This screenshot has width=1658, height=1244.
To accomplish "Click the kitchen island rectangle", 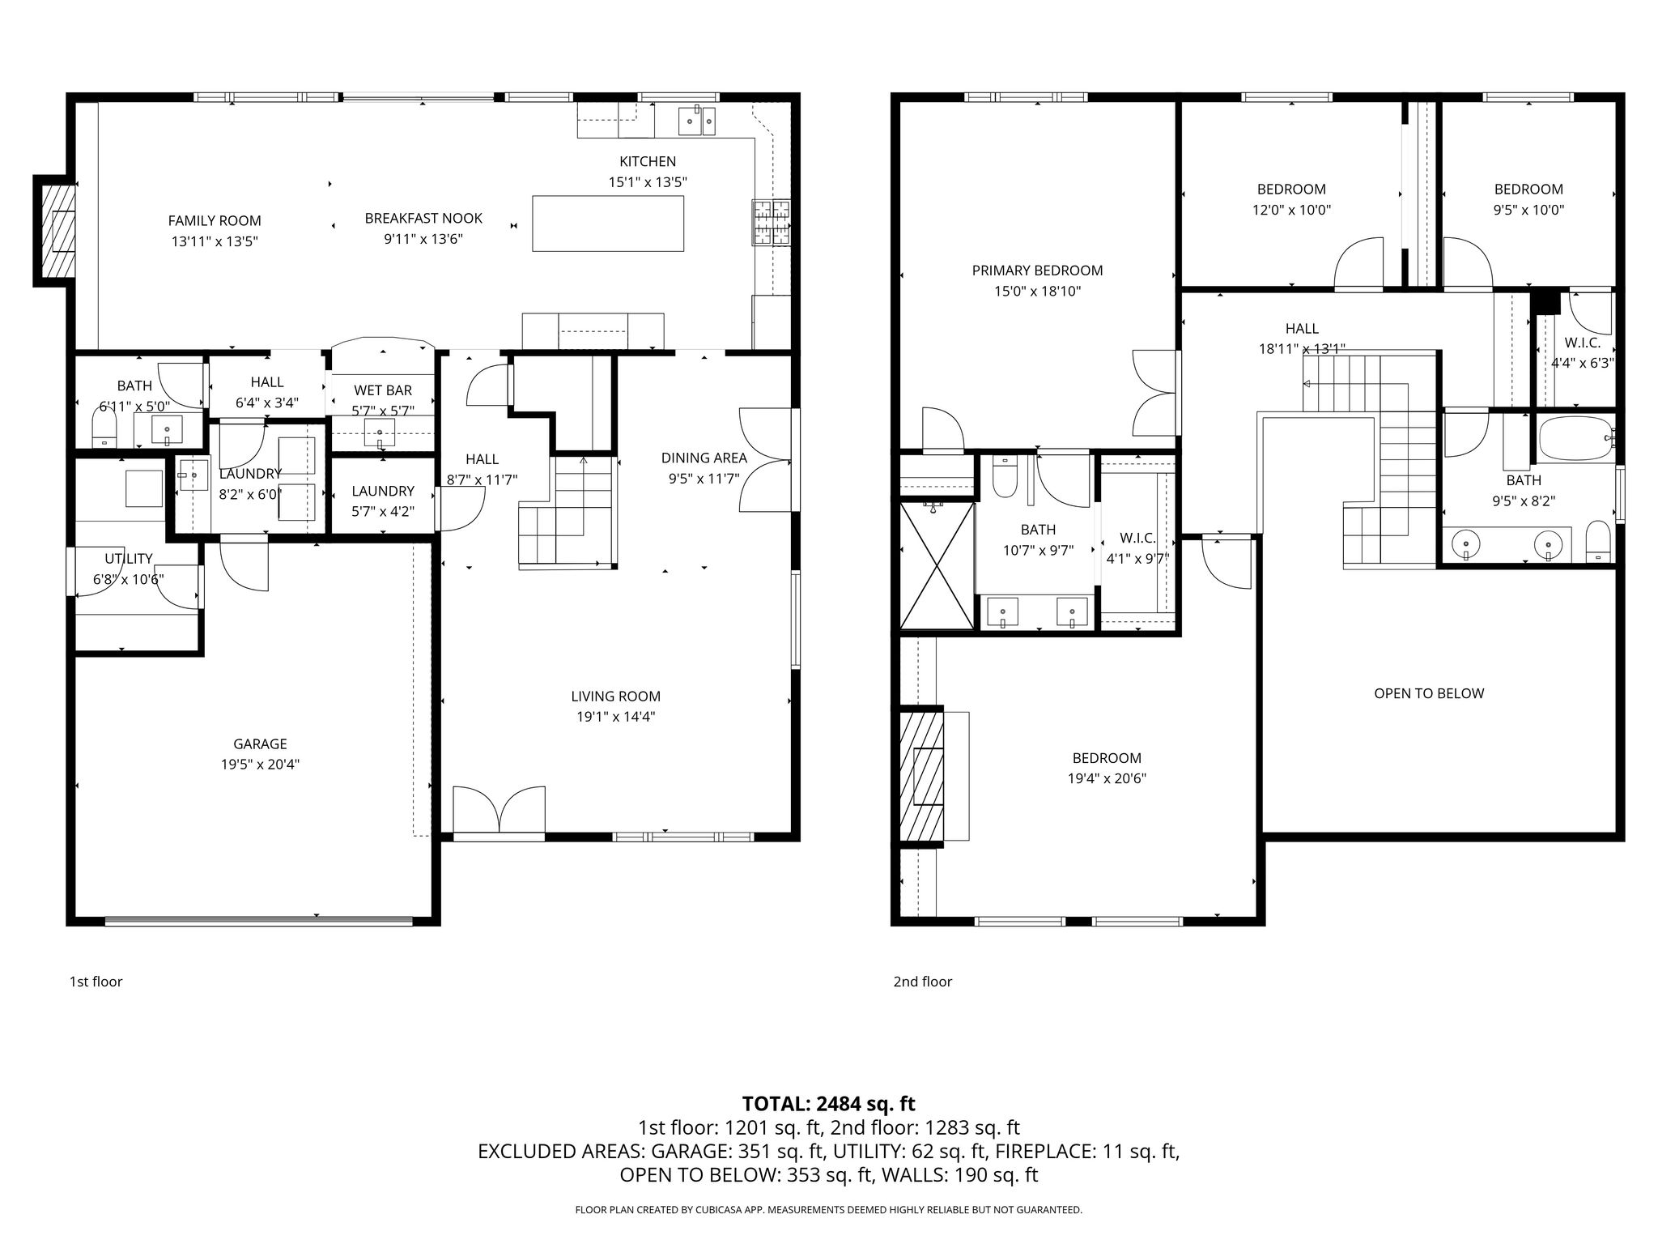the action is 608,224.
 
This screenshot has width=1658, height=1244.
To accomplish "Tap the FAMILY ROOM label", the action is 215,220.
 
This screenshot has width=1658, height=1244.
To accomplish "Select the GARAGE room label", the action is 260,743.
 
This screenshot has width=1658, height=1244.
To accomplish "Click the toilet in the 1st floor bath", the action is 105,426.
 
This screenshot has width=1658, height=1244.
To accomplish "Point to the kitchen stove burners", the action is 772,222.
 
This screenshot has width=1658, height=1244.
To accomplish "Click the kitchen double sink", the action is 696,121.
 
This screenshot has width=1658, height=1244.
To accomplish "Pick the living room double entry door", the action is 499,810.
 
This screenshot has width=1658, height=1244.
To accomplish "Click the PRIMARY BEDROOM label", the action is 1037,271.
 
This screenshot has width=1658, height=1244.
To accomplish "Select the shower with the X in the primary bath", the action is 937,565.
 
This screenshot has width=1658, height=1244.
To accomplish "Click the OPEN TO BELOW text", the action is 1429,693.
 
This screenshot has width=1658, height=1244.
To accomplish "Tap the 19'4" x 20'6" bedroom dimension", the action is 1107,779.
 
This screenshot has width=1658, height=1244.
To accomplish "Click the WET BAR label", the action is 383,390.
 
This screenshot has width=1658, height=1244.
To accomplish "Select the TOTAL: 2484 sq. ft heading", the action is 828,1104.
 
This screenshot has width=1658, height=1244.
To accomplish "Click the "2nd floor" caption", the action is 922,982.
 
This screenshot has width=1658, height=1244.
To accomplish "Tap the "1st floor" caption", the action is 96,982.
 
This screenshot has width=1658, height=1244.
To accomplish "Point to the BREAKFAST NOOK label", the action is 423,218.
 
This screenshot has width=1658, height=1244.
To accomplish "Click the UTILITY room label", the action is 128,559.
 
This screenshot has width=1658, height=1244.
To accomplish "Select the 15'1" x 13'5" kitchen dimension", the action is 648,182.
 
